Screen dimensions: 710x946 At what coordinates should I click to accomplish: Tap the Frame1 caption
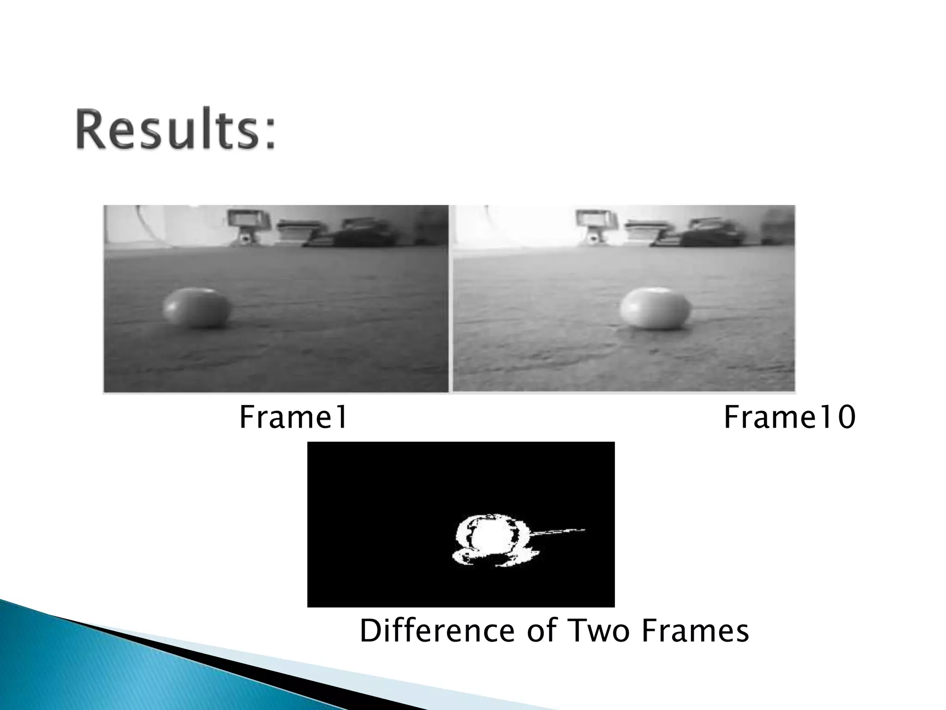pyautogui.click(x=293, y=417)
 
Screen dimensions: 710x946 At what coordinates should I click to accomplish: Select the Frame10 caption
pyautogui.click(x=789, y=417)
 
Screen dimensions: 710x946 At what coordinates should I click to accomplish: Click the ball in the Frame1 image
pyautogui.click(x=196, y=308)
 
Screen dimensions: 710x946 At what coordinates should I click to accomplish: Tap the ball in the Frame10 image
pyautogui.click(x=655, y=308)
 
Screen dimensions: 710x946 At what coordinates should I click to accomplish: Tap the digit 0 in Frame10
pyautogui.click(x=846, y=417)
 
